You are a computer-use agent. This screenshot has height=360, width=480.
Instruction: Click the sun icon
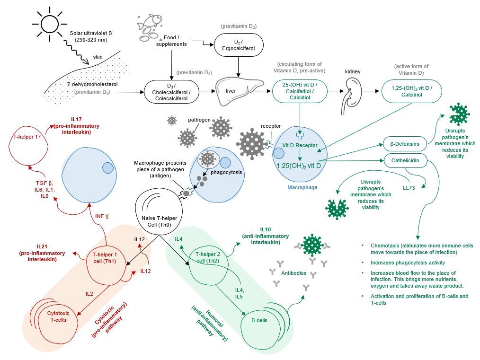click(x=49, y=22)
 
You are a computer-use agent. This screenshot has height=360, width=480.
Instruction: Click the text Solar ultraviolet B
click(x=90, y=33)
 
